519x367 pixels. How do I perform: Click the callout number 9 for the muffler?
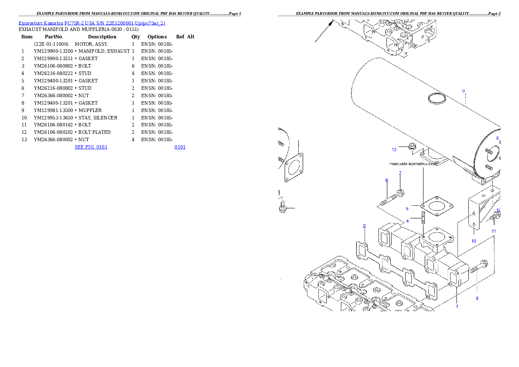(464, 91)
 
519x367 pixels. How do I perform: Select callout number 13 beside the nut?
(394, 150)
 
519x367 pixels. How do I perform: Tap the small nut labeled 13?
(412, 147)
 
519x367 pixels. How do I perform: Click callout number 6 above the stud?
(386, 180)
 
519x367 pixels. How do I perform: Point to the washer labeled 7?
(401, 193)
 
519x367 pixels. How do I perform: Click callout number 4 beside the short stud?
(407, 221)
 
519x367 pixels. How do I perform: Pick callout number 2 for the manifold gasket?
(364, 226)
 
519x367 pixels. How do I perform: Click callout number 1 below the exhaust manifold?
(457, 306)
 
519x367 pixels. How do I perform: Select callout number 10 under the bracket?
(474, 241)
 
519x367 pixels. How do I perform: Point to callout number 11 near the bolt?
(494, 231)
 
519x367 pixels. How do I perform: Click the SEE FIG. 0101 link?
(91, 147)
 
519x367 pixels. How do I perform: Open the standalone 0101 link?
(180, 147)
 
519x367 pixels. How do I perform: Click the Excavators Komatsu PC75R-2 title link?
(92, 23)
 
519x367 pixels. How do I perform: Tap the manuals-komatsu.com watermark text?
(413, 164)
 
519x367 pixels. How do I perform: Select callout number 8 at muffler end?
(497, 138)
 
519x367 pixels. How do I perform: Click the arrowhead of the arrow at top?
(332, 23)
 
